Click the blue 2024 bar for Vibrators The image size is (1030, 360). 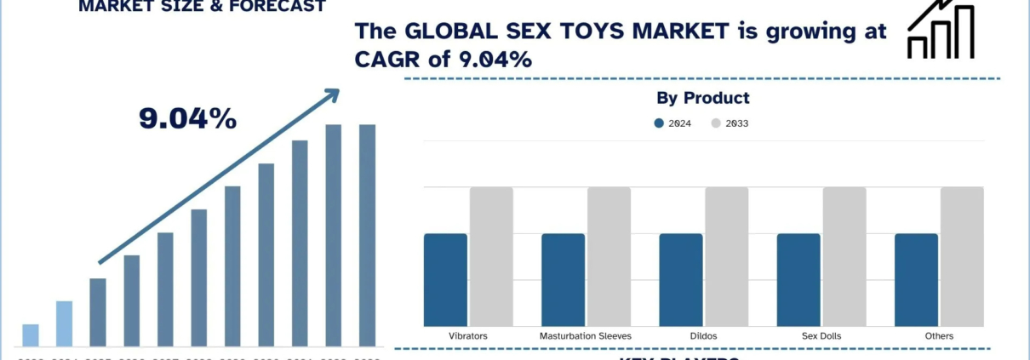point(445,279)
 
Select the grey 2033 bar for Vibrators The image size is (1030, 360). point(491,256)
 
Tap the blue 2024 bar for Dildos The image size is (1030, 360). point(681,279)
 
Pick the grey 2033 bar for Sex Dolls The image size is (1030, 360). point(844,256)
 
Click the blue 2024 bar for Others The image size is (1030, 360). point(916,279)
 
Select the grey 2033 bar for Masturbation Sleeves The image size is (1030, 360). point(609,256)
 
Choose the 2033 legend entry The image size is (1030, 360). point(730,123)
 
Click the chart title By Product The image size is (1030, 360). point(703,98)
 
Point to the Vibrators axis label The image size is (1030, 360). point(468,336)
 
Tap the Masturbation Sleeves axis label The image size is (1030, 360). point(586,336)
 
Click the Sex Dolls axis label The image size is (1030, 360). point(821,336)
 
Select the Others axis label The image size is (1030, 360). point(939,336)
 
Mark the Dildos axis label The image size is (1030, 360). point(703,336)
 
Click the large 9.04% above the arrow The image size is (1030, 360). point(187,119)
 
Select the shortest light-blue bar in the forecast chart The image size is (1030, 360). point(31,335)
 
